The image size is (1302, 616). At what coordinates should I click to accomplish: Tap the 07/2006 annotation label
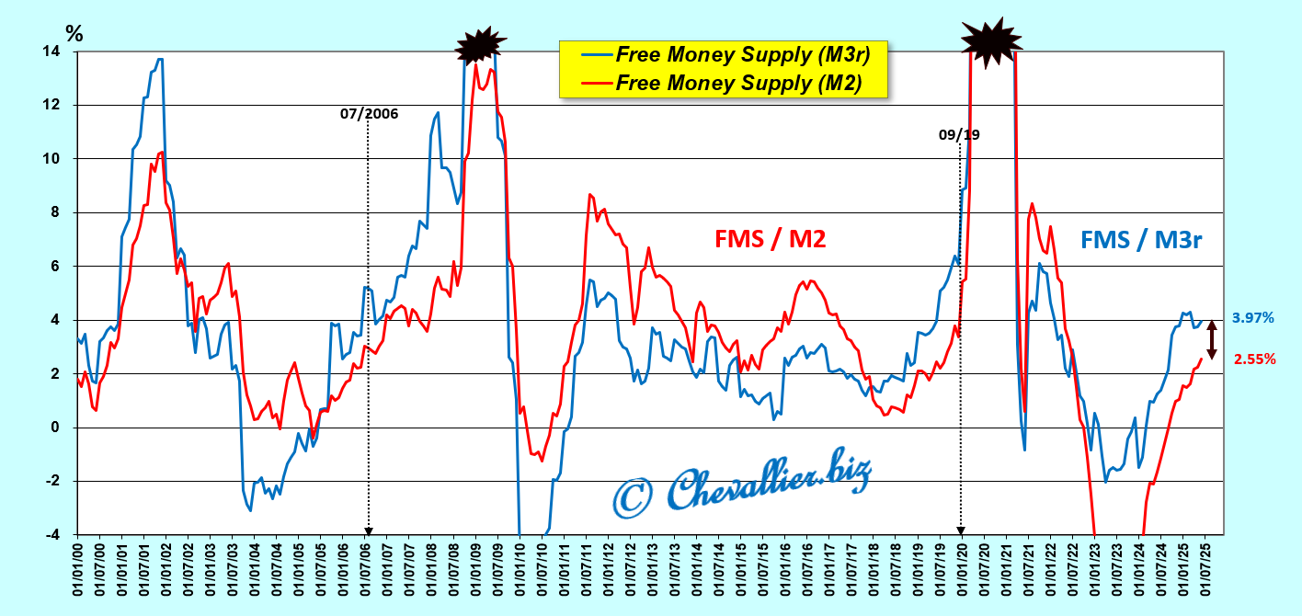369,114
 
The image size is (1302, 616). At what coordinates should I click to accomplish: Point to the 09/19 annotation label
959,134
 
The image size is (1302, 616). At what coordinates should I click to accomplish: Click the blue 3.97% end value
1252,318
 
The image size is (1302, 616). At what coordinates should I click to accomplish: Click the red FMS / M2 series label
770,239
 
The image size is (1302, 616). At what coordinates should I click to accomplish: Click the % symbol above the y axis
74,34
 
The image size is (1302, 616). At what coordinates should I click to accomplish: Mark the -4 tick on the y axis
54,534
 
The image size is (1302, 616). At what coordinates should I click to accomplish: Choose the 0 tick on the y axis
58,428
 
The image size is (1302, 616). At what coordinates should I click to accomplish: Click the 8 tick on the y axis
58,212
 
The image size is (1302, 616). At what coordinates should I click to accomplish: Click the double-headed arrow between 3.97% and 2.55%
1212,339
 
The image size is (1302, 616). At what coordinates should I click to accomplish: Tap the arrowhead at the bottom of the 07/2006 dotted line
369,530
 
